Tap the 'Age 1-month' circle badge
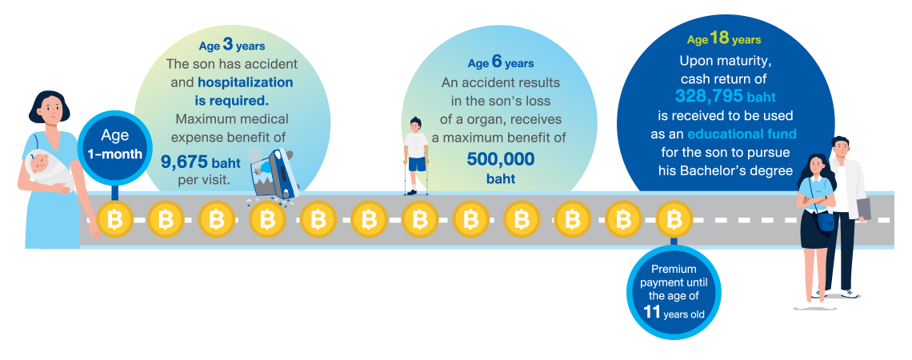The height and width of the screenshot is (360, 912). (114, 145)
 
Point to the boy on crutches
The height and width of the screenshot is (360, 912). (414, 156)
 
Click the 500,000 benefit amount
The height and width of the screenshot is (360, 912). (501, 158)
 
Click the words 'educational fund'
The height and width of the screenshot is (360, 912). (742, 134)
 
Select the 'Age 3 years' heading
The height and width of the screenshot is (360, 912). (232, 45)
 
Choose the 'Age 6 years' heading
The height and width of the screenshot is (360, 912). (501, 62)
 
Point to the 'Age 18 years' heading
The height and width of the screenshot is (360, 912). (724, 38)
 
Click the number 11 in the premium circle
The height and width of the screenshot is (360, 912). (652, 312)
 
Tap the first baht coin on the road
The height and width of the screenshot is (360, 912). (114, 219)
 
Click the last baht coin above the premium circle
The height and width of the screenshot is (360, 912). (674, 219)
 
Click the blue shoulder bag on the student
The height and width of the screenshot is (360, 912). (826, 220)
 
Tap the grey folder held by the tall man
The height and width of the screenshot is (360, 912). (863, 209)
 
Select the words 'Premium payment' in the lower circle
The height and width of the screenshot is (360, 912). (673, 275)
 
